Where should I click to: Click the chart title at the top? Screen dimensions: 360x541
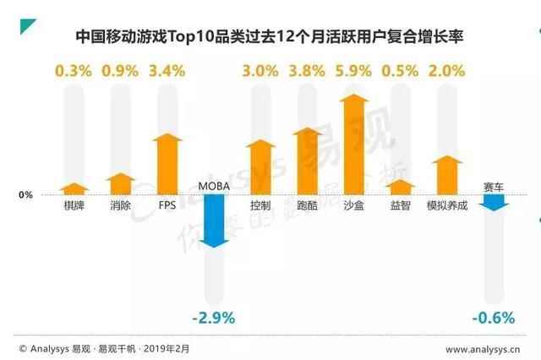tap(270, 38)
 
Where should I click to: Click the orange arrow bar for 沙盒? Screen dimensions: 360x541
tap(354, 144)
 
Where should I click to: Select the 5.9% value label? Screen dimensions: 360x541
tap(354, 71)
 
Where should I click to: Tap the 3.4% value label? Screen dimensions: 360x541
tap(167, 71)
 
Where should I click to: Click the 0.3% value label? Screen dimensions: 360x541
tap(74, 71)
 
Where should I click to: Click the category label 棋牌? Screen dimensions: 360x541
tap(74, 205)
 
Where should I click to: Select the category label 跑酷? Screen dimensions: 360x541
tap(308, 205)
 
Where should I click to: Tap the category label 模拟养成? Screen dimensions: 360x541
tap(447, 205)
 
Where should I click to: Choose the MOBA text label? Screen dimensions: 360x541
tap(214, 186)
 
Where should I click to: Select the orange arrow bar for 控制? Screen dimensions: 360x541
tap(261, 167)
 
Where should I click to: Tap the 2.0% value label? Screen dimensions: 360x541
tap(447, 71)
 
